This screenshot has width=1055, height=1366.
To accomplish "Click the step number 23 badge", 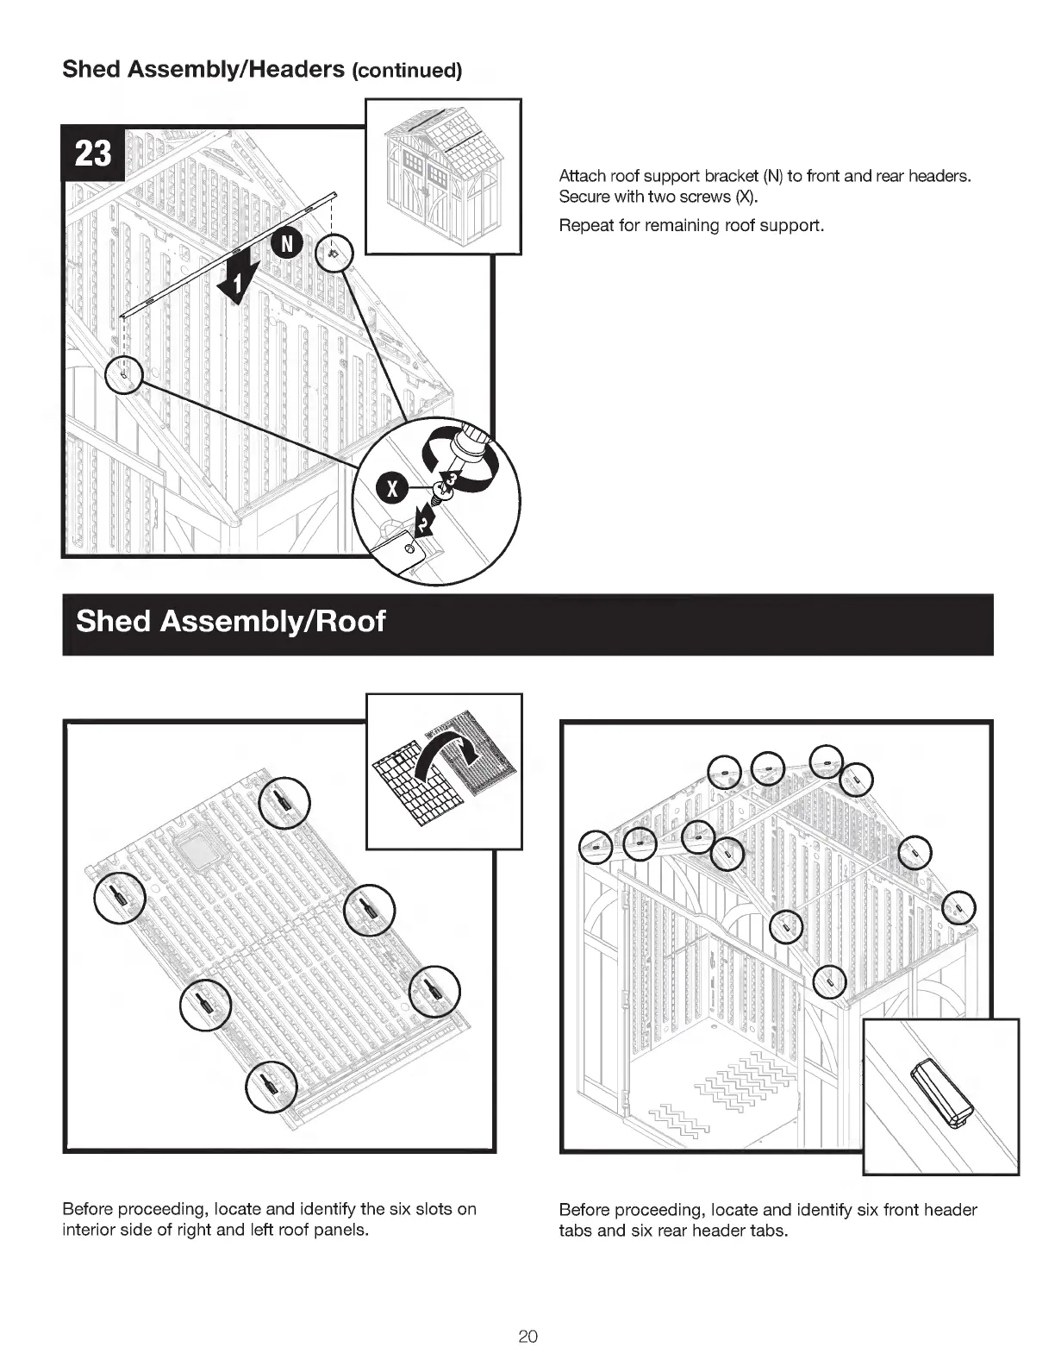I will pyautogui.click(x=93, y=154).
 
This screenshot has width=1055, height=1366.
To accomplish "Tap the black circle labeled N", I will pyautogui.click(x=287, y=245).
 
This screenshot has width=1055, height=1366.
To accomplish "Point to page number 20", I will pyautogui.click(x=527, y=1337).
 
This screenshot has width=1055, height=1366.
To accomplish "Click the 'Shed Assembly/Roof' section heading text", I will pyautogui.click(x=230, y=621).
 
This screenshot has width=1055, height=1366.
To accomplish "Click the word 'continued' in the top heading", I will pyautogui.click(x=406, y=71).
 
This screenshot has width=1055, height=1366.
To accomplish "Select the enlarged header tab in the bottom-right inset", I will pyautogui.click(x=941, y=1093).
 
